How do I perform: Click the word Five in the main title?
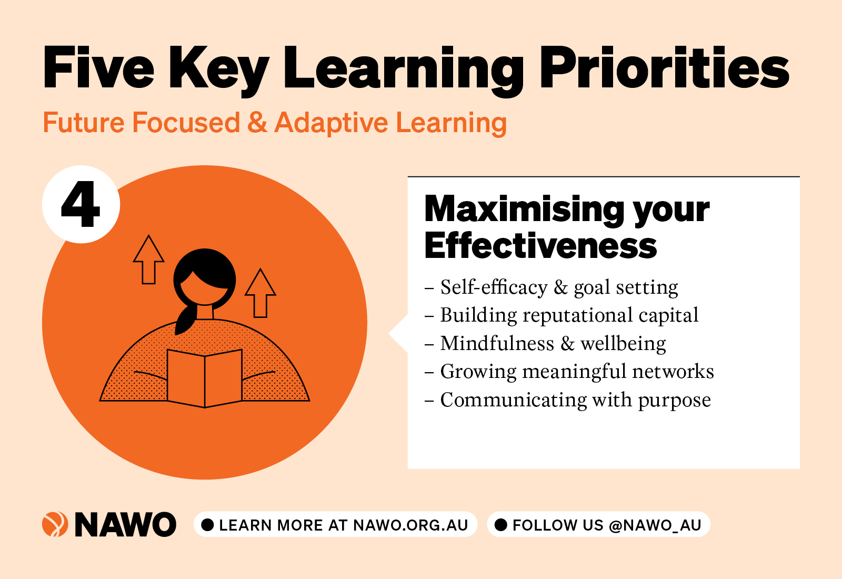click(x=98, y=68)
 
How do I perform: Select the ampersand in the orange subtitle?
click(x=257, y=123)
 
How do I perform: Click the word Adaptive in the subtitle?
click(x=331, y=123)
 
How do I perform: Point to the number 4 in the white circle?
click(x=81, y=204)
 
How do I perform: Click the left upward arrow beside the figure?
click(x=149, y=259)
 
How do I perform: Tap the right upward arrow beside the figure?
click(x=260, y=293)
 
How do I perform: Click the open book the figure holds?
click(x=205, y=378)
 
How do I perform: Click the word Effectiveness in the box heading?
click(x=540, y=245)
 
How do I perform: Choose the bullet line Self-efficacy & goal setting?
click(x=552, y=287)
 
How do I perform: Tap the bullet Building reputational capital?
click(x=562, y=315)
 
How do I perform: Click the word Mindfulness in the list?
click(x=497, y=343)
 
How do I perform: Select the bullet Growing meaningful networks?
click(x=569, y=372)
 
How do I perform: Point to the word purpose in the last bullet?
click(x=674, y=401)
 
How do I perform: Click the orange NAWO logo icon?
click(x=55, y=524)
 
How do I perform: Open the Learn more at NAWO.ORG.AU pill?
click(x=335, y=524)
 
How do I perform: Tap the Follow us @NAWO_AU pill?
click(x=598, y=524)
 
